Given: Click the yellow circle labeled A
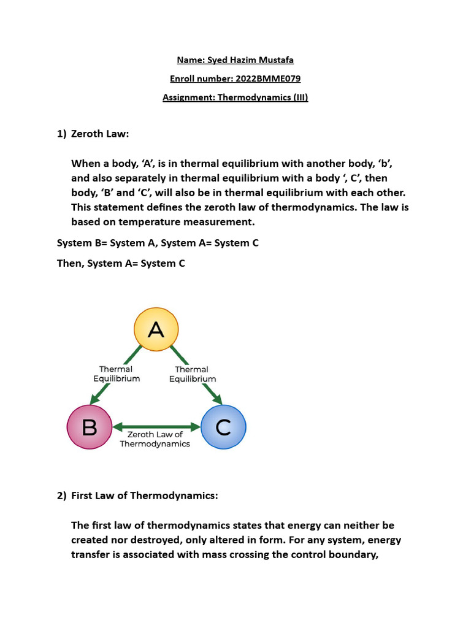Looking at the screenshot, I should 156,331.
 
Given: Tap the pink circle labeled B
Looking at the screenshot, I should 89,427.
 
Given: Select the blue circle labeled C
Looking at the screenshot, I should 223,427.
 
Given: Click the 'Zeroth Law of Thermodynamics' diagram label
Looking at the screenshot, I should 155,439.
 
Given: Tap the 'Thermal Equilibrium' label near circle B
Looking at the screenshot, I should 116,374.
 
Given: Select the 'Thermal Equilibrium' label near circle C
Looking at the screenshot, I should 192,374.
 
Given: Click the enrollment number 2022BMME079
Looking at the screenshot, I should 266,78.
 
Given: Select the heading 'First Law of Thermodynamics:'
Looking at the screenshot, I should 145,496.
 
